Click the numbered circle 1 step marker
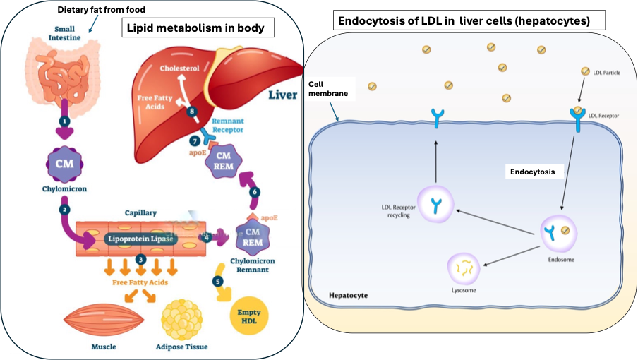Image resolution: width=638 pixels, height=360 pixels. point(65,121)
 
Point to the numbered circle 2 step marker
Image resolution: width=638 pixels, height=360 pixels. point(64,210)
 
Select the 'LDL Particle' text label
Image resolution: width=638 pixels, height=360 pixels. point(606,72)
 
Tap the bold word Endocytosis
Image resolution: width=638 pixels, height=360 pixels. point(534,172)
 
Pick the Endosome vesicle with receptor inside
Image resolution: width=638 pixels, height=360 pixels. point(559,232)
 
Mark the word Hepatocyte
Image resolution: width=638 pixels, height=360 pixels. point(348,294)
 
